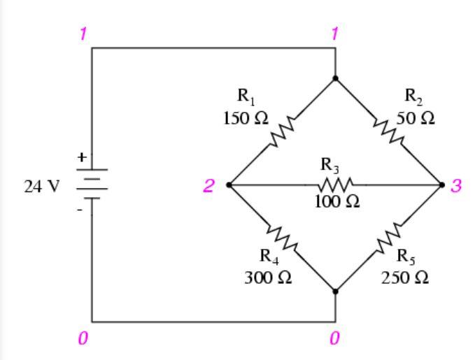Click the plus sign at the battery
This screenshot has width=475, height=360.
pos(82,158)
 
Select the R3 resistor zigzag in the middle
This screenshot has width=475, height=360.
pos(336,185)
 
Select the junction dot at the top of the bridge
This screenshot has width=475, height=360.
pos(335,78)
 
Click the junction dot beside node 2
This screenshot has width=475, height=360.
pos(229,185)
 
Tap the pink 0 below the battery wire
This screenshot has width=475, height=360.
pos(82,338)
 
